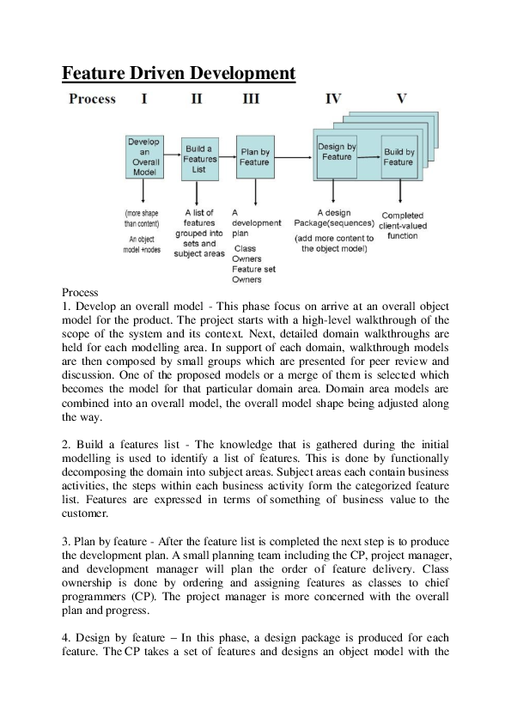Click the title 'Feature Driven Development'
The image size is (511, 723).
click(x=179, y=73)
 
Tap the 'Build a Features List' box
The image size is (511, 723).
click(x=199, y=159)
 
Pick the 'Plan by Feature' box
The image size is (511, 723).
click(x=254, y=157)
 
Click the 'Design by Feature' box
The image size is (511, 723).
click(x=337, y=152)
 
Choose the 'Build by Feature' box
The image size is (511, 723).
click(x=398, y=156)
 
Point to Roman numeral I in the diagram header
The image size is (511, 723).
click(x=144, y=99)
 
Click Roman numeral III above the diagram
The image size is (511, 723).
click(x=251, y=99)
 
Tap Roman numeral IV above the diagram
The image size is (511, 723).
click(x=333, y=99)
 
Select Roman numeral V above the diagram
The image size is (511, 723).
click(x=401, y=99)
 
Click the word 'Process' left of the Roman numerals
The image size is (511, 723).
click(x=92, y=99)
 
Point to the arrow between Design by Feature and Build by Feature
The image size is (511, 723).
click(x=369, y=156)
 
